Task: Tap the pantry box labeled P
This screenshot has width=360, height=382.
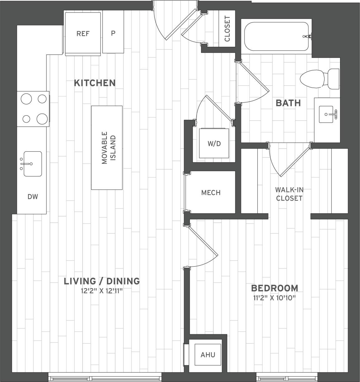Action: coord(113,33)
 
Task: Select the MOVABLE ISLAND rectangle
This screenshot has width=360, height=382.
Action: coord(107,147)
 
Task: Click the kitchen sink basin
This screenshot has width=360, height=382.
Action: coord(33,164)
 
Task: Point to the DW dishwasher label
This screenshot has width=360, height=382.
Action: coord(33,196)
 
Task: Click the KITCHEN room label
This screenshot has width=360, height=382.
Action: coord(95,83)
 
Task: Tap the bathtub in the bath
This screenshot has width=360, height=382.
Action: coord(276,36)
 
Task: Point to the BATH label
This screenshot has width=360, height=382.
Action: coord(288,103)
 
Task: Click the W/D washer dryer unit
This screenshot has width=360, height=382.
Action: coord(214,143)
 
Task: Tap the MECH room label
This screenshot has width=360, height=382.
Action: coord(211,193)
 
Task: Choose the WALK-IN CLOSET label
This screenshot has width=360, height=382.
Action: coord(289,194)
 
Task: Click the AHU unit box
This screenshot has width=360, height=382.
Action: coord(208,355)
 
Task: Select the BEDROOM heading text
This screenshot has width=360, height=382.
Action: coord(275,288)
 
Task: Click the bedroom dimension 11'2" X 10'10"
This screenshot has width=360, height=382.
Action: coord(274,297)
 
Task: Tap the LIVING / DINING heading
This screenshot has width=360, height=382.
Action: coord(102,281)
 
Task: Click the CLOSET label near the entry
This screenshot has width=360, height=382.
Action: coord(227,29)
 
